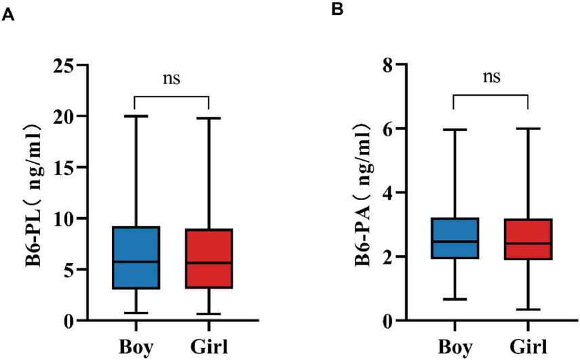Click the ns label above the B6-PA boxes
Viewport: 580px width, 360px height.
[x=490, y=76]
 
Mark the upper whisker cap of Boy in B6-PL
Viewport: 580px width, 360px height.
[x=136, y=116]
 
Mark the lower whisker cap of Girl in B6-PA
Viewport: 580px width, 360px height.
[x=528, y=310]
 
